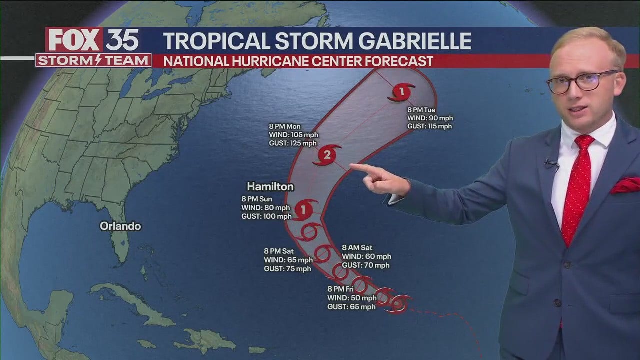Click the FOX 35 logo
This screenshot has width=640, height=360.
pyautogui.click(x=93, y=40)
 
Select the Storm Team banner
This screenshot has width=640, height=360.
pyautogui.click(x=93, y=61)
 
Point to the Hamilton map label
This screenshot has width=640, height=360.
pyautogui.click(x=270, y=187)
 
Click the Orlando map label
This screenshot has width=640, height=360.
pyautogui.click(x=120, y=226)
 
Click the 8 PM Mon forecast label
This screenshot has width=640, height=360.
pyautogui.click(x=284, y=127)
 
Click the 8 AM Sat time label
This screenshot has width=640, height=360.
pyautogui.click(x=357, y=248)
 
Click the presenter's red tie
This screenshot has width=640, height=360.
pyautogui.click(x=577, y=190)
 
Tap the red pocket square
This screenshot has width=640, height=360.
pyautogui.click(x=625, y=185)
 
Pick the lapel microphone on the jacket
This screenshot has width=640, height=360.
pyautogui.click(x=551, y=163)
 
